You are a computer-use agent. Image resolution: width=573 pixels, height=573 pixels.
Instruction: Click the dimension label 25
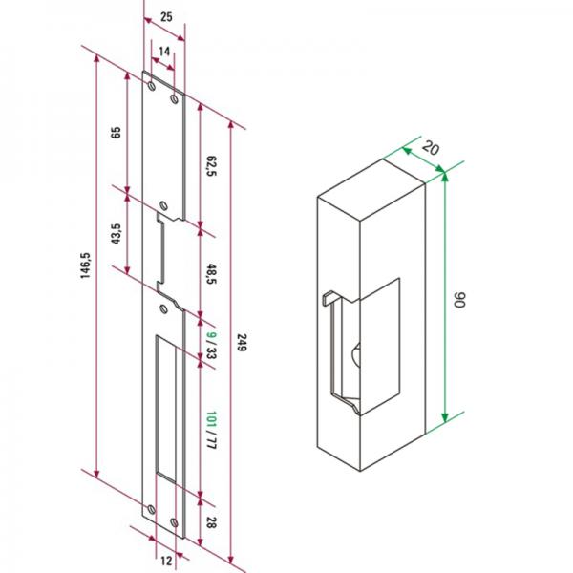click(x=166, y=17)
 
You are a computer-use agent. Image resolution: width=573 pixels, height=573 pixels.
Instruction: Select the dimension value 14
click(x=164, y=52)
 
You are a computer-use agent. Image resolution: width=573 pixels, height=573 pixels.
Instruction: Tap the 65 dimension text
click(x=116, y=133)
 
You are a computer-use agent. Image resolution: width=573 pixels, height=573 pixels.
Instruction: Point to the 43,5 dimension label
click(x=116, y=234)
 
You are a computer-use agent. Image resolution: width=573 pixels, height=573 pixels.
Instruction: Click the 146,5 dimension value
click(x=85, y=265)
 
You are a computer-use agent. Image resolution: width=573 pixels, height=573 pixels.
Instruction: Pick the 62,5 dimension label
click(x=211, y=166)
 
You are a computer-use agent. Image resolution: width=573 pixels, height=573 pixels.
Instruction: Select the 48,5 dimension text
click(x=211, y=274)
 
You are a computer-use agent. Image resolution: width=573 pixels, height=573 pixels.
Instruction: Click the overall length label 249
click(x=242, y=343)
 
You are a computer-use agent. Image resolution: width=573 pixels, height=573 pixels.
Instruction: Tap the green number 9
click(x=211, y=334)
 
